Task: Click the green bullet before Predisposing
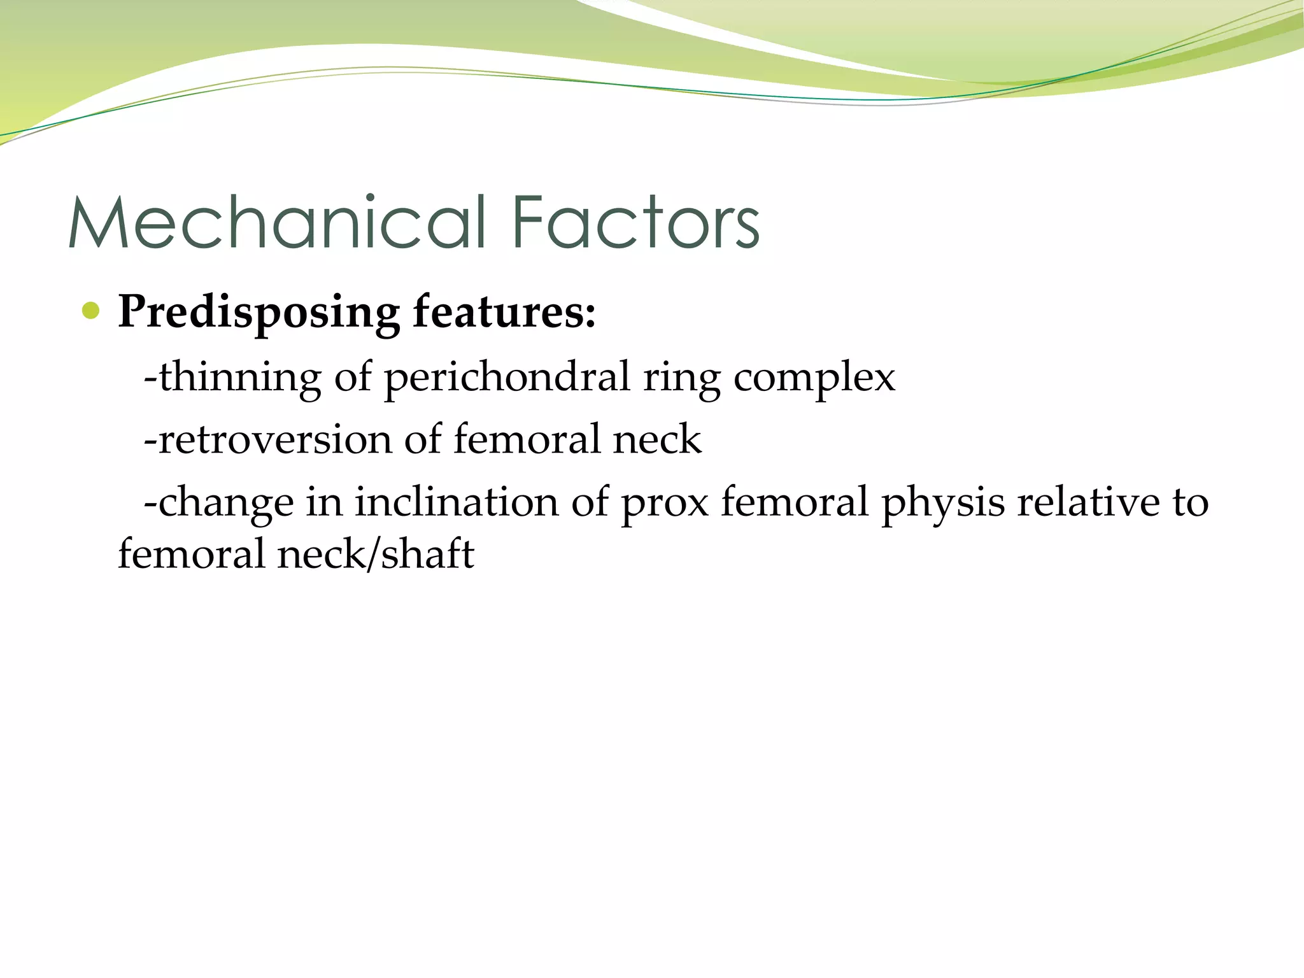pyautogui.click(x=91, y=311)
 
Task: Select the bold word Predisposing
pyautogui.click(x=259, y=313)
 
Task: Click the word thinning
pyautogui.click(x=239, y=377)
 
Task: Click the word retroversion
pyautogui.click(x=274, y=439)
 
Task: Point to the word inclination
pyautogui.click(x=456, y=502)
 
